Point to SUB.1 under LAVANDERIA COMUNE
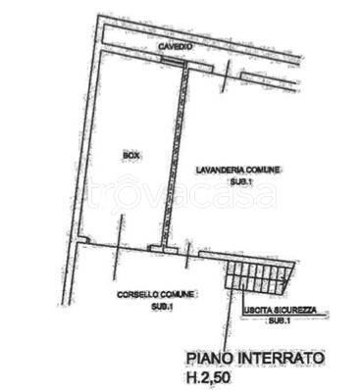pos(240,181)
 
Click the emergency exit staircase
pos(259,276)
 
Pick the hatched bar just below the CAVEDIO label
pos(173,61)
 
